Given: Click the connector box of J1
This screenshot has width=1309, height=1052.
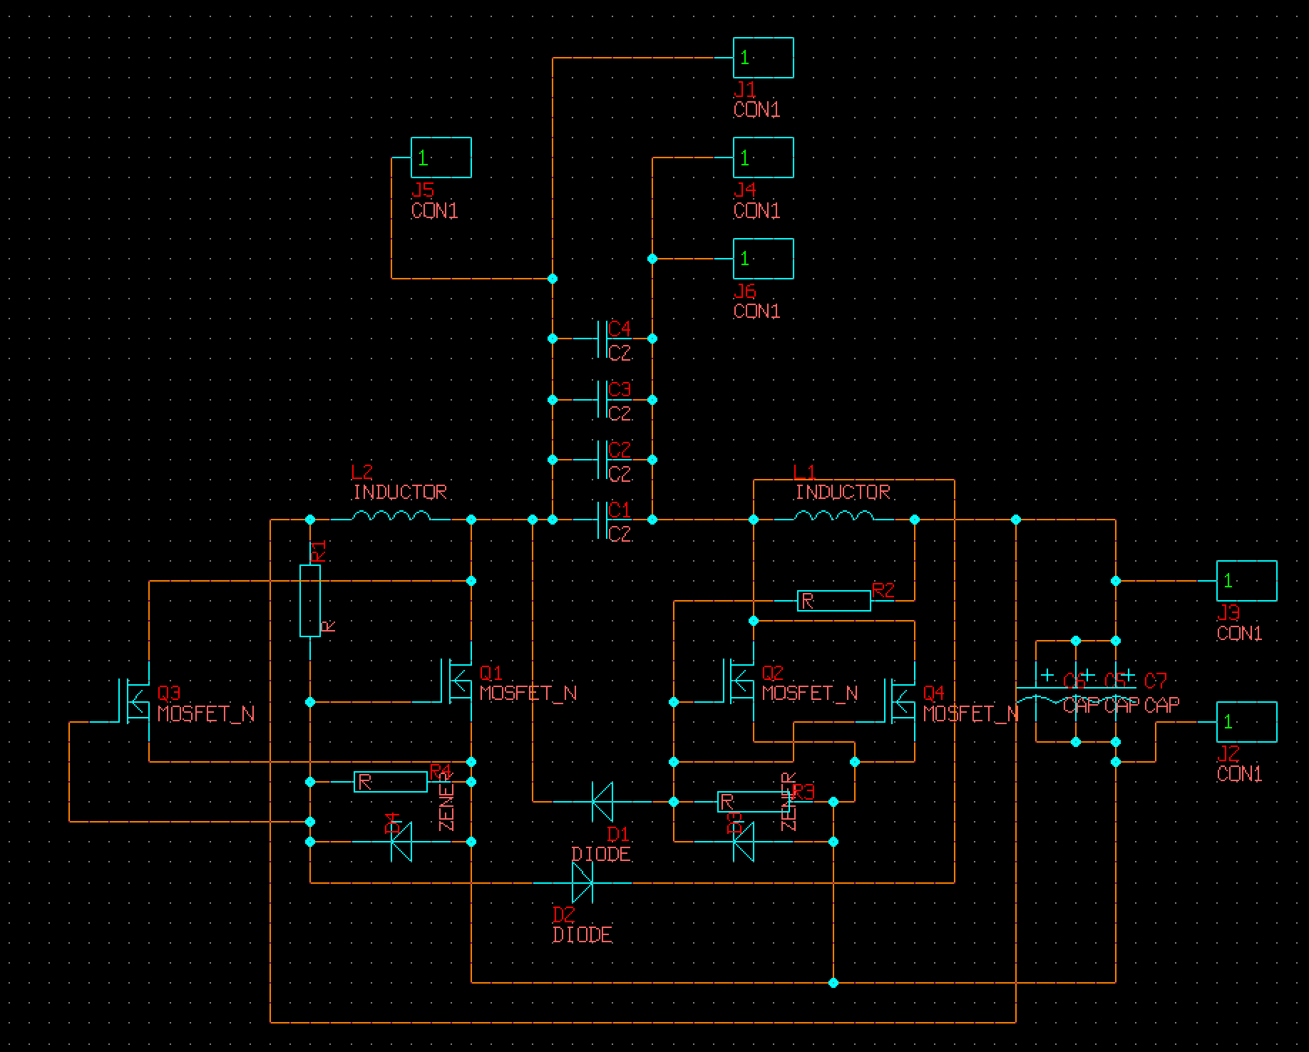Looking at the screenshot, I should [x=763, y=58].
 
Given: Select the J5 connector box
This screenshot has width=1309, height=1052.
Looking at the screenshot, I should [x=441, y=158].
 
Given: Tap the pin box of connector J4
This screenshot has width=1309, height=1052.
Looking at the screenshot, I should [x=763, y=158].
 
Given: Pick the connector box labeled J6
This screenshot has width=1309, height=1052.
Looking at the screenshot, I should [x=763, y=258].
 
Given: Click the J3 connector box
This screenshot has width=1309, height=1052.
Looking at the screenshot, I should [x=1246, y=581].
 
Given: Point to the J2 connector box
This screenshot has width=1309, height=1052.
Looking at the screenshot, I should [x=1246, y=722].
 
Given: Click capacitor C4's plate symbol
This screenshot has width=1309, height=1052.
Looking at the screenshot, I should [x=602, y=339].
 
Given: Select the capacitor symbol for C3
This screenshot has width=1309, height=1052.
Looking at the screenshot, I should [x=602, y=399].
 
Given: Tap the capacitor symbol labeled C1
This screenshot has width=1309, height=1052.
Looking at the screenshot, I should [x=602, y=520].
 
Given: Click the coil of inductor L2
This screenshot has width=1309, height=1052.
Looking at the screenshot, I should [x=391, y=515].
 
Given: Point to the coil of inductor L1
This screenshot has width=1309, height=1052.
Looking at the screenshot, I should [x=834, y=515].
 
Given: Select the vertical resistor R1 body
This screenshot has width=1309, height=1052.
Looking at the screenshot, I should [x=310, y=600].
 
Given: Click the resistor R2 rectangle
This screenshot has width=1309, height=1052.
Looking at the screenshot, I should [x=833, y=601].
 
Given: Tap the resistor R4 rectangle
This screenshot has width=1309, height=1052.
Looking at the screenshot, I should [x=391, y=782].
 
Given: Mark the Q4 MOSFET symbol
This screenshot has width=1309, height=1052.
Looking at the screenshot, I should [x=900, y=701].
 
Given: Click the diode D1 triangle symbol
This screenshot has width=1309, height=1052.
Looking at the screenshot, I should [x=602, y=802].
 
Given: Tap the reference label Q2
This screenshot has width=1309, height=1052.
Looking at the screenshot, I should [x=773, y=673].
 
